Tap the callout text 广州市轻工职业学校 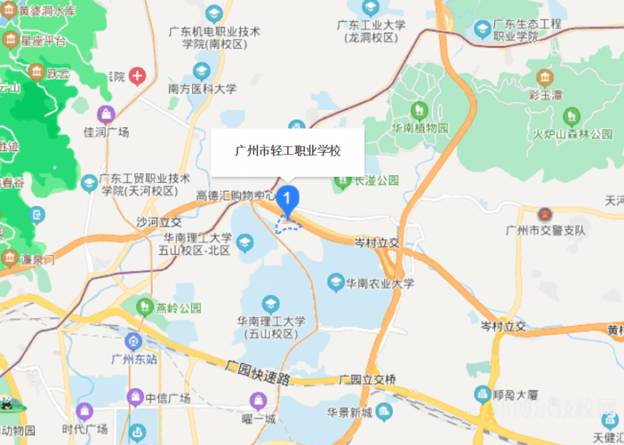[288, 150]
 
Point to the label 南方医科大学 [202, 89]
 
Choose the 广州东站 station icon [133, 341]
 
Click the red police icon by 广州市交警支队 [545, 214]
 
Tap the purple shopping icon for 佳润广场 [107, 114]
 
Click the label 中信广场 [168, 398]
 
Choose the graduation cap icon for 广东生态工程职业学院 [483, 30]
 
